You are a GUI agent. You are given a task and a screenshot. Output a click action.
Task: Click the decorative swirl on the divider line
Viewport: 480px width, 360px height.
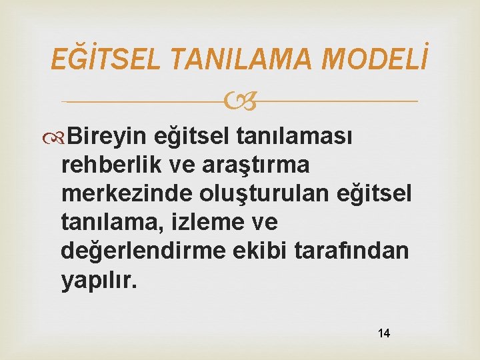240,102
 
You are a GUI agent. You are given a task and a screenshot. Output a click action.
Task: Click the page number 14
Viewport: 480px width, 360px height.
383,333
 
